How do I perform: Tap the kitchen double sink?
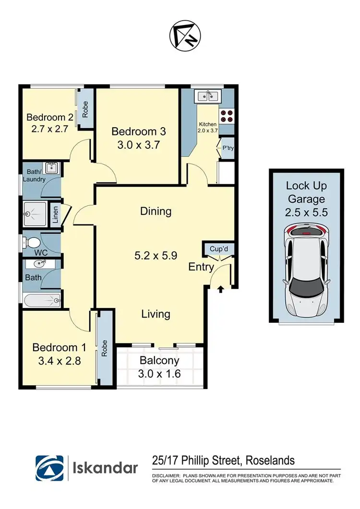coord(207,96)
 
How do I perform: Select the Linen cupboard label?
coord(55,215)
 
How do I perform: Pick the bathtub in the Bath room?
coord(41,301)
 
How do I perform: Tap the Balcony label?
coord(159,360)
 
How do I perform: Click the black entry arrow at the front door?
coord(221,289)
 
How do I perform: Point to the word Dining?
coord(156,211)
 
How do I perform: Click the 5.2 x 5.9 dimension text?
coord(156,255)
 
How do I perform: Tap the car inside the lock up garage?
coord(305,271)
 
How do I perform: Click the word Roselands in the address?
coord(270,461)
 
